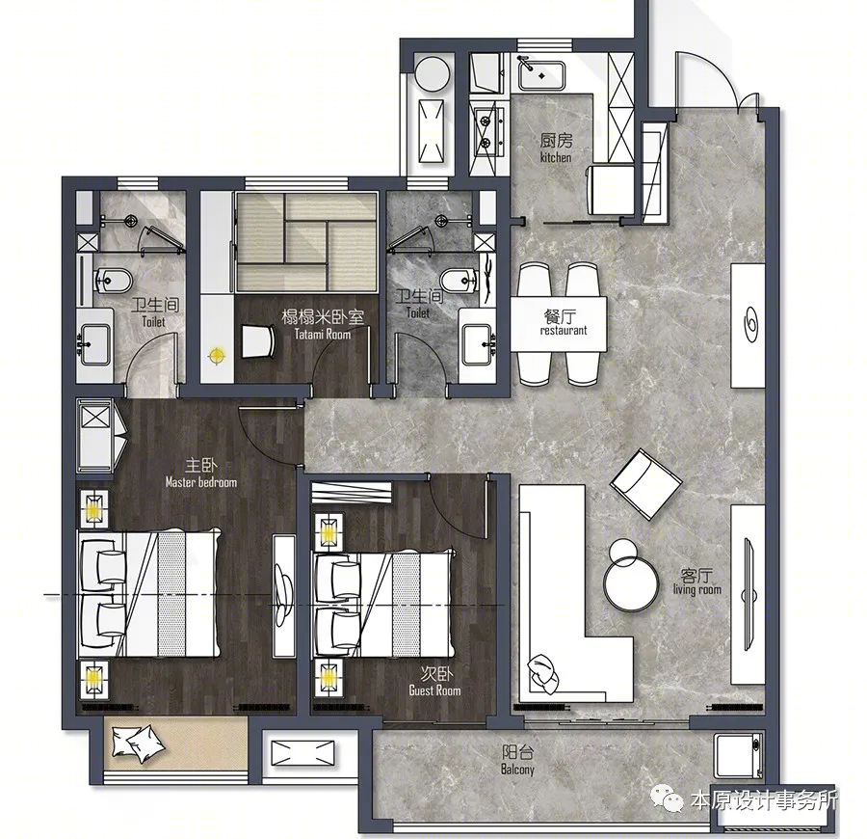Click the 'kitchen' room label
(556, 158)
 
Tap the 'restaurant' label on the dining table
(564, 331)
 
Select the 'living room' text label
(697, 589)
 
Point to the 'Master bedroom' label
(201, 482)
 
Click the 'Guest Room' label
(434, 690)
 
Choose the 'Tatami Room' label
(323, 334)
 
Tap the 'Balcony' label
(517, 770)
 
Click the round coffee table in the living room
(631, 584)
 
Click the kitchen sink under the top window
(541, 75)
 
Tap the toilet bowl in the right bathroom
(459, 281)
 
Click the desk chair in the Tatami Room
(258, 341)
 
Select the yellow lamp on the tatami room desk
(217, 355)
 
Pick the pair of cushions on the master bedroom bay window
(138, 743)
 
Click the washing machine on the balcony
(739, 756)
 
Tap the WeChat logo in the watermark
(667, 798)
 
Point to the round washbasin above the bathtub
(433, 73)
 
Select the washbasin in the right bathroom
(477, 345)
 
